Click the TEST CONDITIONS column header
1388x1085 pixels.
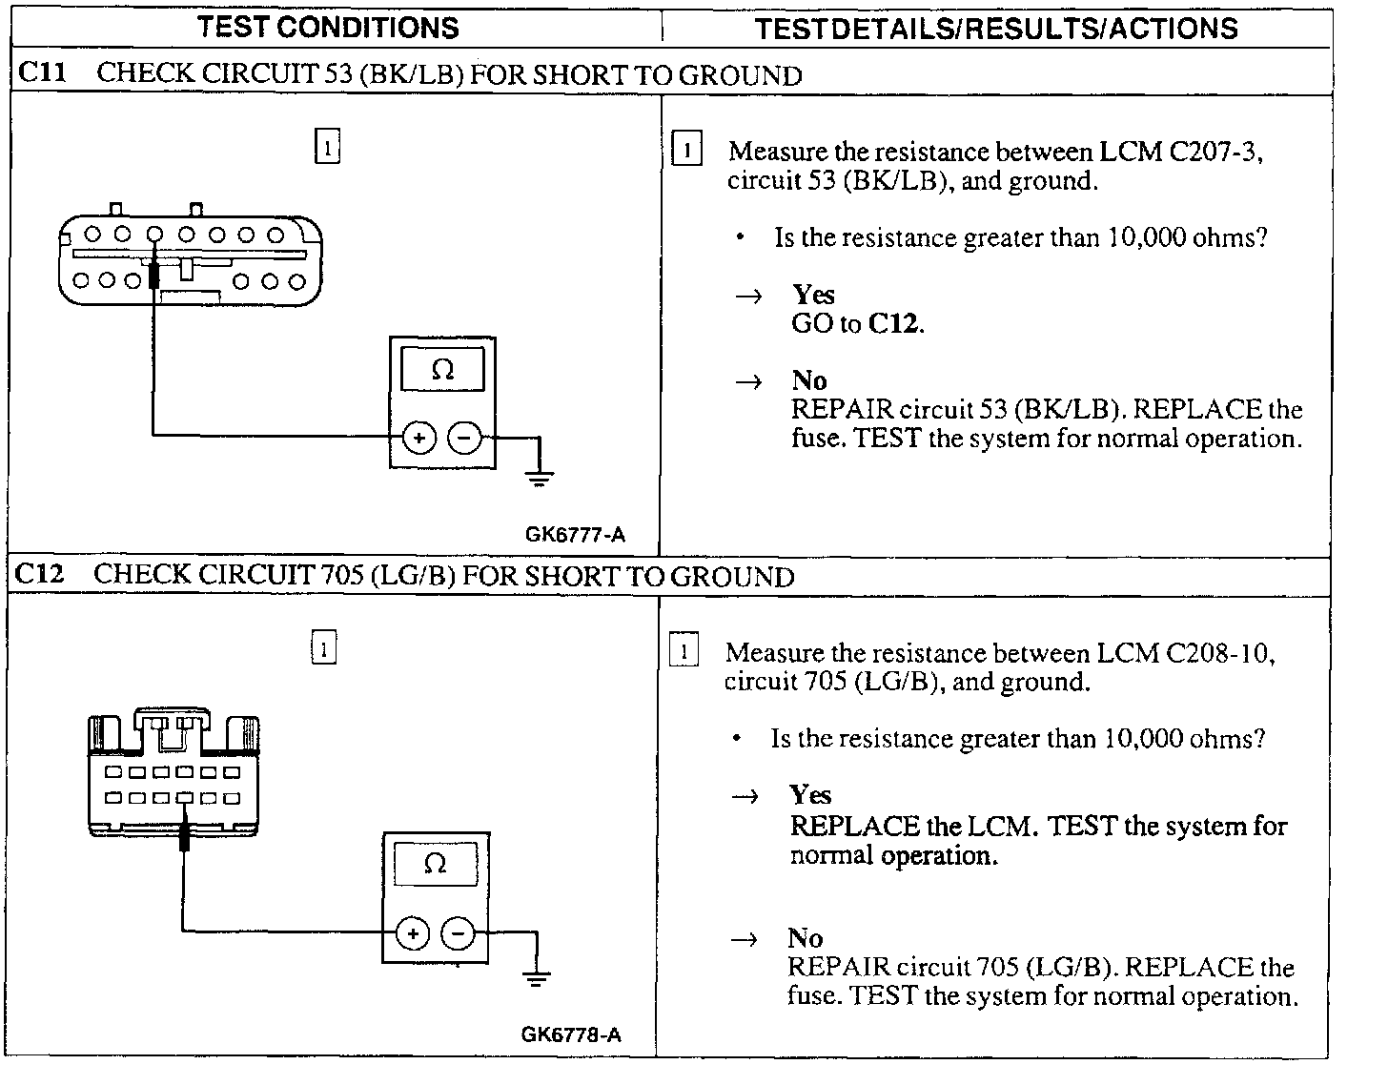[x=328, y=27]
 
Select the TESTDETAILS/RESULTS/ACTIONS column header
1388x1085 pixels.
[x=996, y=29]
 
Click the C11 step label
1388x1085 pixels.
[x=43, y=73]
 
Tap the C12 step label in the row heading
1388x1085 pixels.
[x=41, y=575]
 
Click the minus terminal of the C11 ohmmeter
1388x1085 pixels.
[x=465, y=438]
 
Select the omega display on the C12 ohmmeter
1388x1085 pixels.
[x=435, y=864]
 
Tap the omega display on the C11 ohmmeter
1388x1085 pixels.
[x=442, y=369]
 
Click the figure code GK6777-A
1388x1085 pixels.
[x=575, y=535]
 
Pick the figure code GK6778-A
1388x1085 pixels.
[x=571, y=1034]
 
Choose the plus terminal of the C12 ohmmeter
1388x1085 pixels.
[x=413, y=932]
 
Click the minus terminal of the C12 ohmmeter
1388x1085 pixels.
[x=459, y=932]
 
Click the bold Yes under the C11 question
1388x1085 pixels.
[x=813, y=295]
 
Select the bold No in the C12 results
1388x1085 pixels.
[x=806, y=938]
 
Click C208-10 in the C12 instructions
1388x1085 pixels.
[x=1219, y=653]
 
